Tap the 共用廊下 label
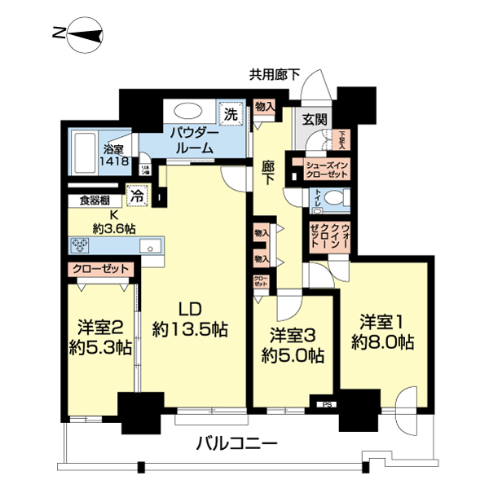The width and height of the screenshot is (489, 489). click(x=274, y=75)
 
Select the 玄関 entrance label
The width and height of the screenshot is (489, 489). click(x=315, y=117)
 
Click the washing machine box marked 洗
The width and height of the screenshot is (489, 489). click(x=231, y=114)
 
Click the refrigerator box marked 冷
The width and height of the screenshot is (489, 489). click(x=138, y=196)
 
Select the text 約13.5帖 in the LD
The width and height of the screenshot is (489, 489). click(x=190, y=329)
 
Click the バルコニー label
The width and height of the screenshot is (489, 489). click(x=238, y=445)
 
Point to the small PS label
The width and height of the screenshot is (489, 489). click(x=328, y=403)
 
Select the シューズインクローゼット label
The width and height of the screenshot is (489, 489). click(x=327, y=169)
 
